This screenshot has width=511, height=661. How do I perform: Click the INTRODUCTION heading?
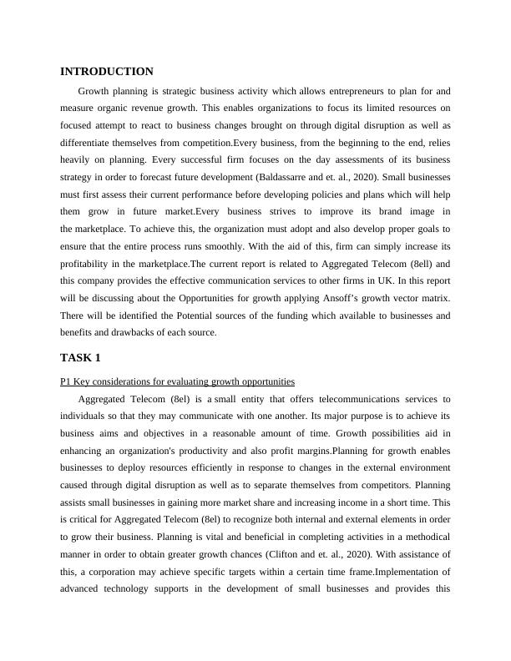click(107, 72)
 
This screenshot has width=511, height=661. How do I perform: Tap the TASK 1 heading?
click(80, 358)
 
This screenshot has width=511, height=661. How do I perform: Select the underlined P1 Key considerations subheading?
click(177, 381)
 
